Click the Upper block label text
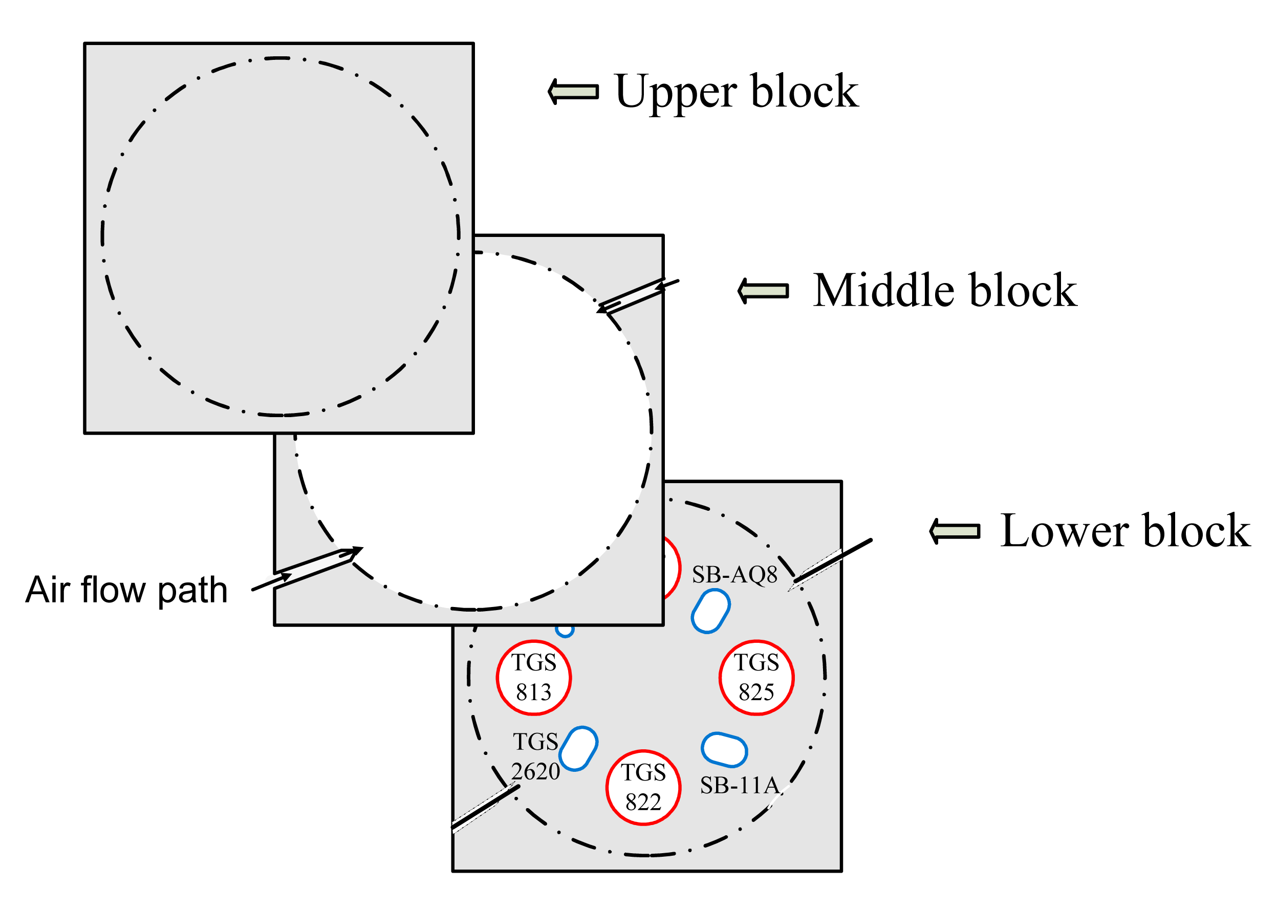735,93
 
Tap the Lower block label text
1124,531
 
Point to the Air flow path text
126,590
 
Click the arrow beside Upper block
573,91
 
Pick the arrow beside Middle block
763,290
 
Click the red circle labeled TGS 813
533,678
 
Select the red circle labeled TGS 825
756,678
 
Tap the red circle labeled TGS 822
643,787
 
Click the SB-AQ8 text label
734,574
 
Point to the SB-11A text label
740,786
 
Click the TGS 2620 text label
535,756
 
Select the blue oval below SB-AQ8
710,611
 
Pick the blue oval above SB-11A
724,749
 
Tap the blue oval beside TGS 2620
578,749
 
